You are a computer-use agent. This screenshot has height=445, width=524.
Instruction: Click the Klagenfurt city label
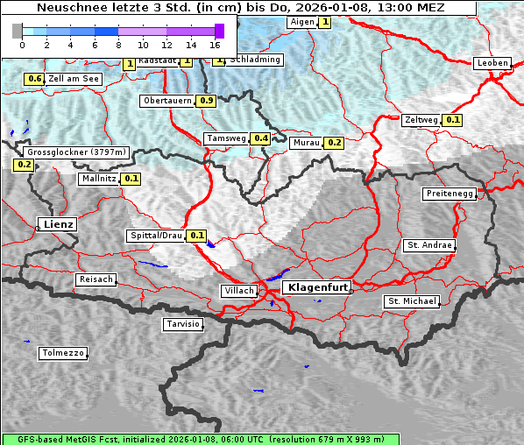click(x=319, y=286)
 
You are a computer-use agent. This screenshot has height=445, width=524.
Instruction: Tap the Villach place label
click(x=238, y=290)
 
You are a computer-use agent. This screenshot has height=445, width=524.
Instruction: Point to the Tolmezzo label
click(x=62, y=353)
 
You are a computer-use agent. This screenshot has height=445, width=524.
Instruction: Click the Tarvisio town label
click(x=183, y=324)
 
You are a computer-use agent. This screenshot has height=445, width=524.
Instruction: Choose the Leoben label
click(x=492, y=63)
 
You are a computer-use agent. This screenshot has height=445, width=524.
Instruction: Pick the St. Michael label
click(x=411, y=300)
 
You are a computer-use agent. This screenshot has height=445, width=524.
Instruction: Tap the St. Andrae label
click(x=429, y=245)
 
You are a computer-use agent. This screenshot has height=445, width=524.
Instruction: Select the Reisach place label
click(x=96, y=279)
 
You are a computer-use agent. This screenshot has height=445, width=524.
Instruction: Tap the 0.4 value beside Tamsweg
click(x=260, y=138)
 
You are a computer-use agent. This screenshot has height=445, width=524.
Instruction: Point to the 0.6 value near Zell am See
click(x=34, y=79)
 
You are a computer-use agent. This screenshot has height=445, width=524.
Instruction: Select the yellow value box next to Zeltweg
click(x=452, y=120)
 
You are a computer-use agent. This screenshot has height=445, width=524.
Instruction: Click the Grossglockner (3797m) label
click(x=77, y=152)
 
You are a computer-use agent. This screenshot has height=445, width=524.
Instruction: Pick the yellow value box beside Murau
click(x=333, y=143)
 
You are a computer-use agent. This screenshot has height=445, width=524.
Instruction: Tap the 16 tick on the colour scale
click(x=216, y=44)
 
